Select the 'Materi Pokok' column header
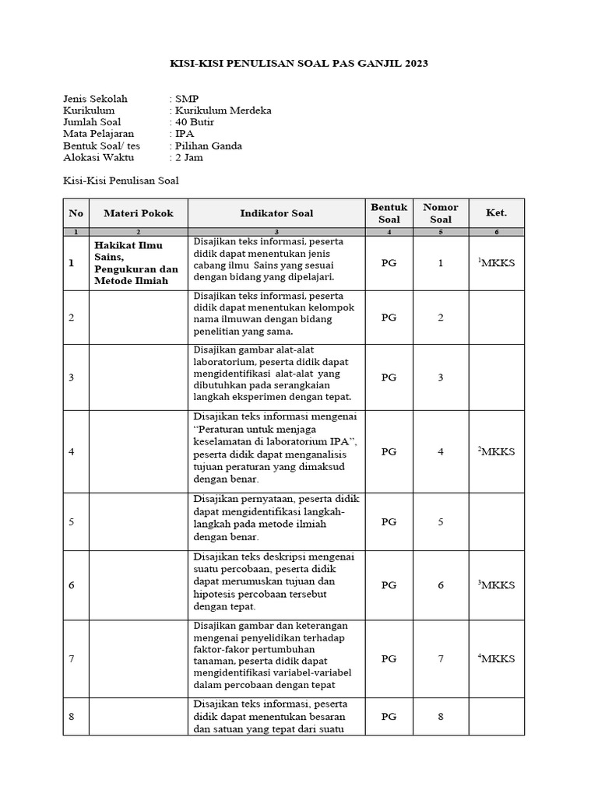[x=138, y=213]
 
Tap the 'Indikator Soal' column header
[x=276, y=213]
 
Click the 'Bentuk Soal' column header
[x=389, y=213]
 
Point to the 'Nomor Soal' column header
[x=440, y=213]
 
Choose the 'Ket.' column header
[x=496, y=213]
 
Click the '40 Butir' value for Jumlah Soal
[x=194, y=122]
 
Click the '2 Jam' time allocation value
[x=189, y=157]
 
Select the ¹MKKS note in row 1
[x=496, y=263]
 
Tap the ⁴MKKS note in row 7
[x=496, y=658]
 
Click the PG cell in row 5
[x=389, y=521]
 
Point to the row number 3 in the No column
[x=71, y=377]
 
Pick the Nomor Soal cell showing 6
[x=440, y=585]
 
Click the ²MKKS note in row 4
[x=496, y=451]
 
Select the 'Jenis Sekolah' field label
[x=94, y=99]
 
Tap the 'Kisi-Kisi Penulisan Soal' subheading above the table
[x=121, y=181]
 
